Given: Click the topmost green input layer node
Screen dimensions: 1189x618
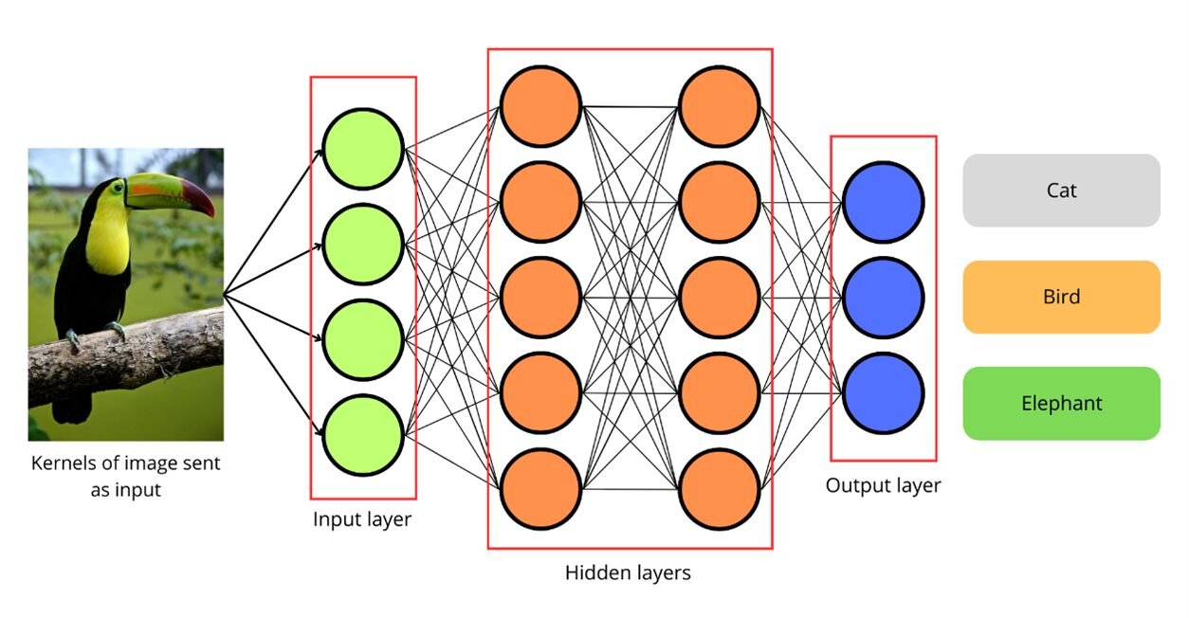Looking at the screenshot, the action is tap(363, 149).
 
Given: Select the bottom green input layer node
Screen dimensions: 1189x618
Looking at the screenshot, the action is tap(363, 435).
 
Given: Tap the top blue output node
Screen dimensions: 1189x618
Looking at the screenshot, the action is tap(884, 202).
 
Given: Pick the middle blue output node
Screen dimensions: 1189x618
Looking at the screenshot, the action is tap(884, 298).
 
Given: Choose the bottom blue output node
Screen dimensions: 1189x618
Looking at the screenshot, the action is tap(884, 393).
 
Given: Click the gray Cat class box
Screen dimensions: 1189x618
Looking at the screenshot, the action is tap(1062, 191).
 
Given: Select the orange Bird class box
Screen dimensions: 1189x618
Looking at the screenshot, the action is tap(1062, 297).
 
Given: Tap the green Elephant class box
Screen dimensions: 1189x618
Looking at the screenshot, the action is tap(1062, 403).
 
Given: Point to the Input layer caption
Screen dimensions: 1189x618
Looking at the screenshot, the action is tap(362, 519).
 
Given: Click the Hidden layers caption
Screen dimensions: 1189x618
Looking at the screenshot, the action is tap(628, 573).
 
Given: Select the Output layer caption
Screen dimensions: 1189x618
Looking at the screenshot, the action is tap(884, 486).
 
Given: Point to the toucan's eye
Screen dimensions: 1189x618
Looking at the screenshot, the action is tap(118, 187).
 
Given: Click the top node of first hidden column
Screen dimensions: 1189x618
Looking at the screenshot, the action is tap(540, 106).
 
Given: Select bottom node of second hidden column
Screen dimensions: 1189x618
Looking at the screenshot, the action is tap(720, 489).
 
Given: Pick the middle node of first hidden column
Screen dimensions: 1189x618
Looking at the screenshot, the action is tap(540, 298).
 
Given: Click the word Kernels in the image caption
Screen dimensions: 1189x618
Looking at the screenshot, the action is tap(64, 463).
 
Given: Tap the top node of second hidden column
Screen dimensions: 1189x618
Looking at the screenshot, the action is tap(720, 106).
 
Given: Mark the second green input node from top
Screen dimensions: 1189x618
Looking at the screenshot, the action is tap(363, 245).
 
